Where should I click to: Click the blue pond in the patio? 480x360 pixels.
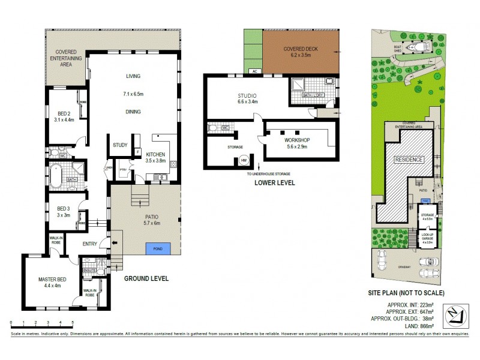pos(158,247)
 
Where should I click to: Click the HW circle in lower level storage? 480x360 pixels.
pos(244,160)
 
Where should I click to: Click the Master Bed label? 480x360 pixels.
pos(52,279)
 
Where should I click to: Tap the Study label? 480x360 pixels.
pos(120,145)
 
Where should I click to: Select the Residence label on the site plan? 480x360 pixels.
pos(409,160)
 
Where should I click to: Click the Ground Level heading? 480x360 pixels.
pos(146,278)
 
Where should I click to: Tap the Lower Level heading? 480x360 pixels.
pos(275,182)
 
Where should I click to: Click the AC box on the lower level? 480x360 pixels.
pos(254,71)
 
